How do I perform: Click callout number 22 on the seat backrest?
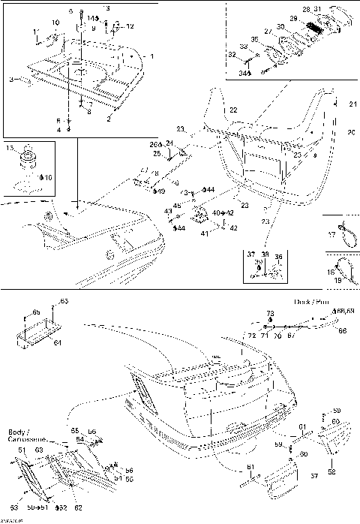[233, 110]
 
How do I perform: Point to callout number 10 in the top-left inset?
[55, 23]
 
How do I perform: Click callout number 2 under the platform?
[109, 119]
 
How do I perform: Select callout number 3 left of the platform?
[11, 78]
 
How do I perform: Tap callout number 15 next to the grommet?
[10, 149]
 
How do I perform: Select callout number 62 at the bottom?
[78, 507]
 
